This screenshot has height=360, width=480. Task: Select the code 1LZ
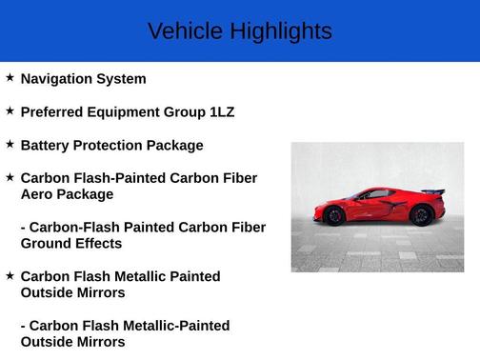coord(222,112)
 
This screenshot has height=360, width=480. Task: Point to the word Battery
coord(47,146)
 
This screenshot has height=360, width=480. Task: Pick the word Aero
coord(37,194)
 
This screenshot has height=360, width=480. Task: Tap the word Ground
coord(47,244)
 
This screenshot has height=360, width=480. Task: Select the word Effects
coord(99,244)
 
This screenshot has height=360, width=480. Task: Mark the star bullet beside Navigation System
coord(10,78)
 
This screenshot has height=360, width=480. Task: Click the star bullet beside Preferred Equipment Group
coord(10,111)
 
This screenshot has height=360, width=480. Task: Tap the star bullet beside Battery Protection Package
coord(10,145)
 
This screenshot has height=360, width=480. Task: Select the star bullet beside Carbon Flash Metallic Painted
coord(10,275)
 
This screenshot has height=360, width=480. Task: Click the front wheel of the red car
coord(334,216)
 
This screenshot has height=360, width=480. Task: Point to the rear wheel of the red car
coord(420,215)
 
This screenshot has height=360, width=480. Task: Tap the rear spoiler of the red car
coord(433,192)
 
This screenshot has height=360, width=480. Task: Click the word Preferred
coord(56,112)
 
